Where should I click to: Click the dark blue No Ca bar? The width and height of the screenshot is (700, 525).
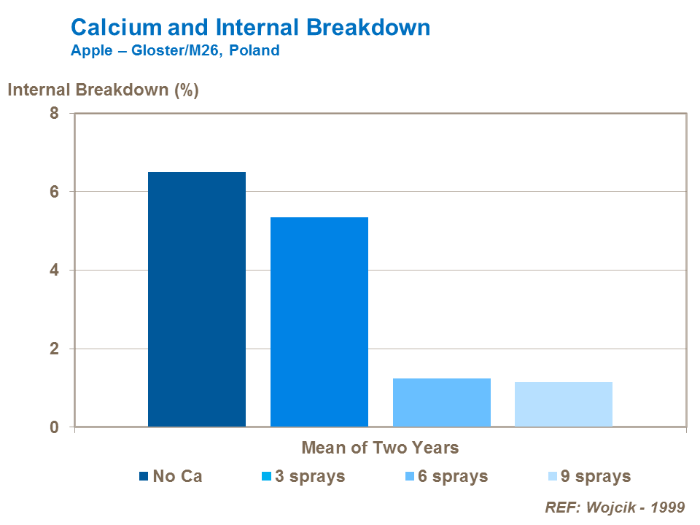[x=197, y=299]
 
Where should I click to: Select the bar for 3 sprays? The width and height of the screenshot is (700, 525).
[x=319, y=322]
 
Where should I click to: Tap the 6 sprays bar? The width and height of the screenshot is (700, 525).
[x=442, y=402]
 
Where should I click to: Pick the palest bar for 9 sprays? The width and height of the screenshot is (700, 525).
[x=564, y=404]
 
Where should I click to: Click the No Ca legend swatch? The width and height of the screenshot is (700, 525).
[x=144, y=477]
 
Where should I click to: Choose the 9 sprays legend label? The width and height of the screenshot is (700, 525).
[x=595, y=477]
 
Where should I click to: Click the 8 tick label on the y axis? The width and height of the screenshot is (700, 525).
[x=53, y=114]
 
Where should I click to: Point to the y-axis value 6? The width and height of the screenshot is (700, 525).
[x=53, y=192]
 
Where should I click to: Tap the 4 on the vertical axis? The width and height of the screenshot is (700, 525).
[x=53, y=271]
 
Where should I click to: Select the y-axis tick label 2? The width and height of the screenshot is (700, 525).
[x=53, y=349]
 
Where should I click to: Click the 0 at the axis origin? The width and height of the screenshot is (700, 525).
[x=53, y=427]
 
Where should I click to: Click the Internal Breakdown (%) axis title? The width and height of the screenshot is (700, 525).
[x=103, y=90]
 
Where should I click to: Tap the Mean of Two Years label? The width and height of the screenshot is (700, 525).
[x=380, y=447]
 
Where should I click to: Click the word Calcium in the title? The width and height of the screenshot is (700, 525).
[x=117, y=28]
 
